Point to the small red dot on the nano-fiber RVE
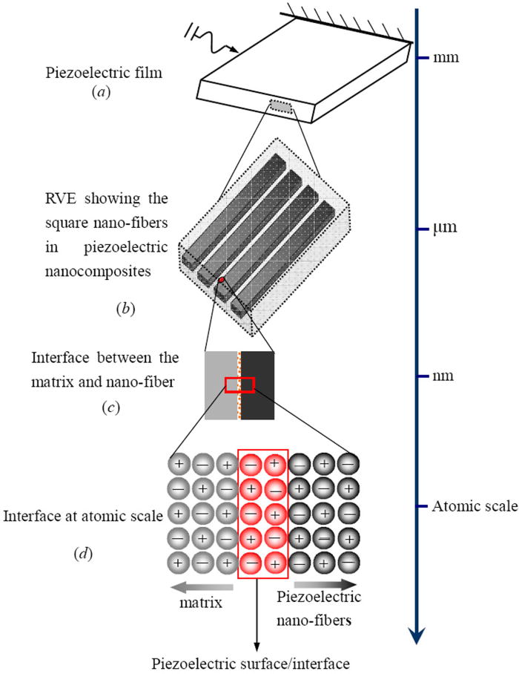220,280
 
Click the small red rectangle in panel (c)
239,384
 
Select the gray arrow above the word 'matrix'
201,588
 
